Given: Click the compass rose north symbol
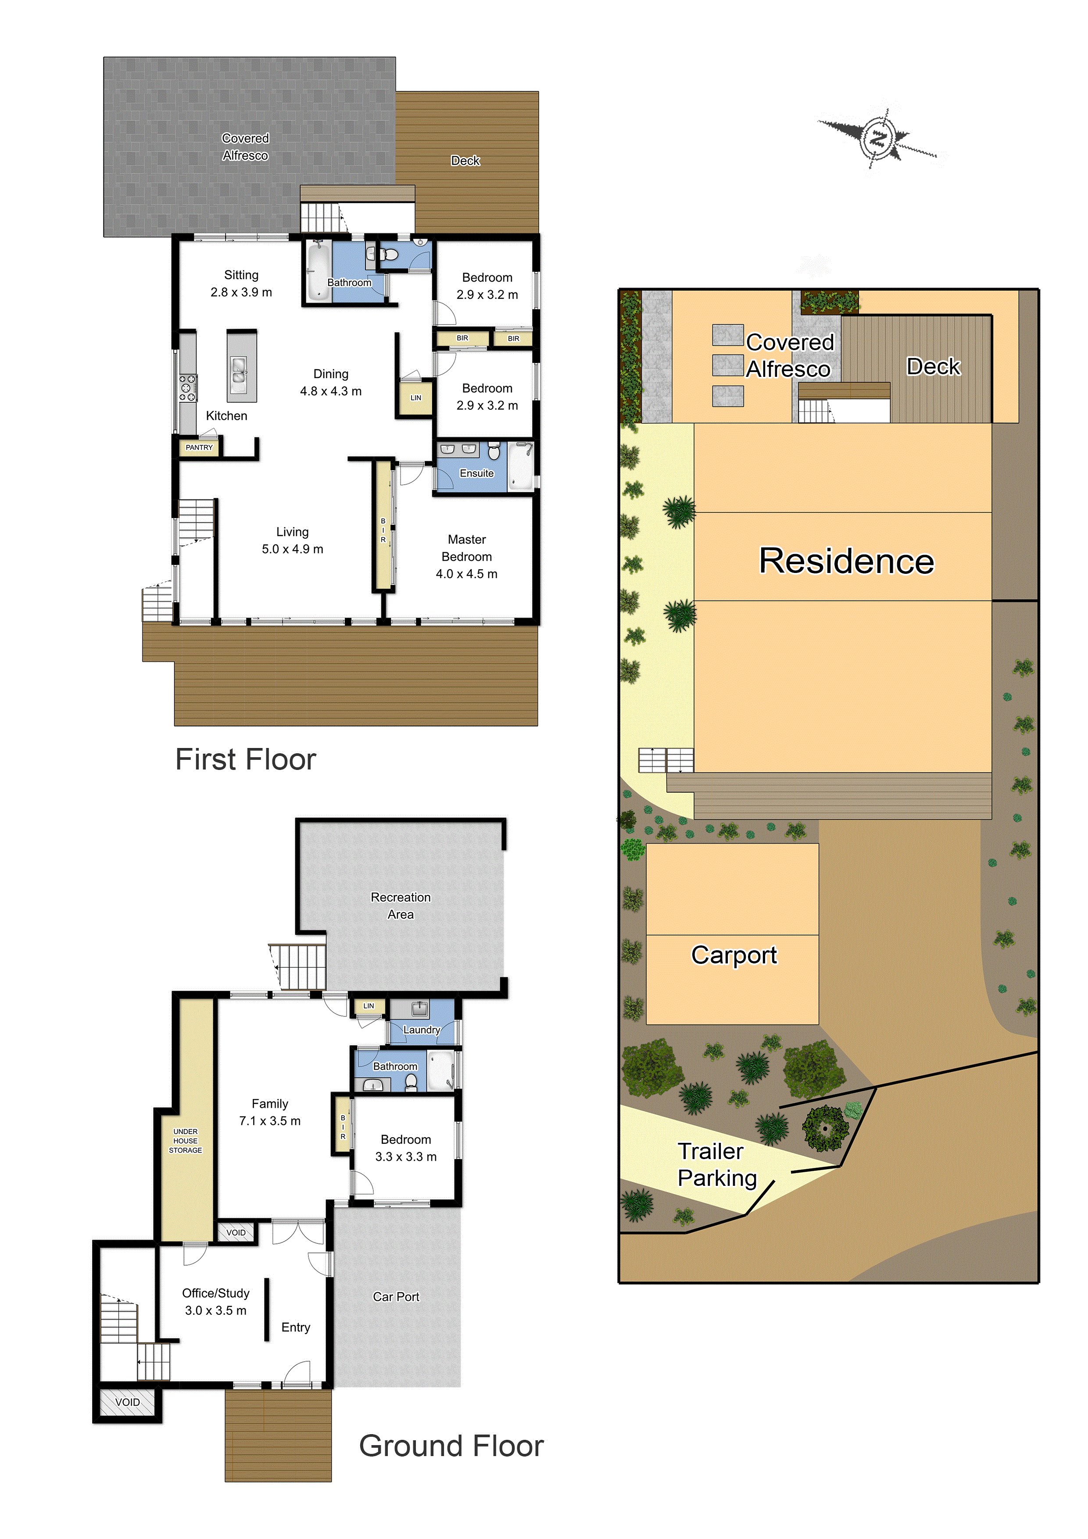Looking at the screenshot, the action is [877, 140].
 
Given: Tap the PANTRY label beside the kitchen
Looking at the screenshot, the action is [199, 447].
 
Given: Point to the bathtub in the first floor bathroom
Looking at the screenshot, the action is [316, 271].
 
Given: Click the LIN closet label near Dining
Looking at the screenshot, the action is [415, 397].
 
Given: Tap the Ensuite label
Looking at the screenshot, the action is [476, 473].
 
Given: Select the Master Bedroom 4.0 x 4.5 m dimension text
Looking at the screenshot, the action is [467, 574].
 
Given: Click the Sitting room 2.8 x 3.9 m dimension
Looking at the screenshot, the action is [241, 292].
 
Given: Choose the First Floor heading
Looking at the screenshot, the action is [245, 759].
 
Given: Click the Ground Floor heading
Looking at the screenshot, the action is [451, 1446].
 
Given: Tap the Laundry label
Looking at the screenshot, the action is [422, 1030].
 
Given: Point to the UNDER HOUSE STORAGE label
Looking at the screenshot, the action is [186, 1141].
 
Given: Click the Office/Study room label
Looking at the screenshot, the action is [216, 1293].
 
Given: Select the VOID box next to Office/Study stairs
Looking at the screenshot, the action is [127, 1402].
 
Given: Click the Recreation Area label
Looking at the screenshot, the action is [401, 906].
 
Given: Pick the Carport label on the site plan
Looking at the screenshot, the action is [734, 955].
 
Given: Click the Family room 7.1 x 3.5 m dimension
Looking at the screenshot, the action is [270, 1121].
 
